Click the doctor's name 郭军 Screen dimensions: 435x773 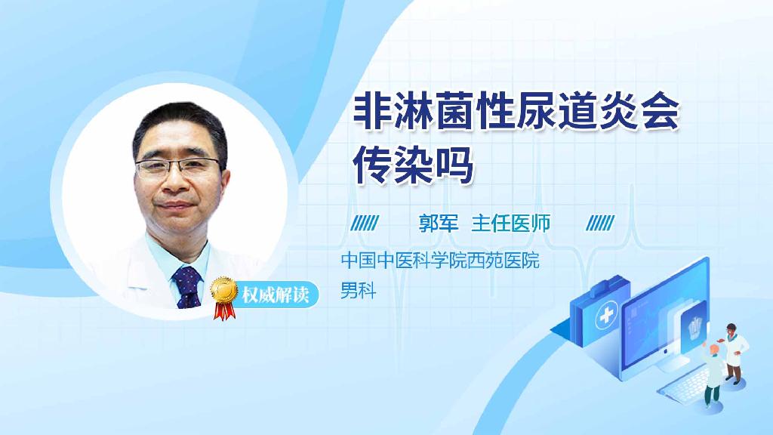[x=439, y=223]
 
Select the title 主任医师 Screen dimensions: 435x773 [x=510, y=223]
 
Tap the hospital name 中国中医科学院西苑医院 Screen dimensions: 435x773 [x=440, y=261]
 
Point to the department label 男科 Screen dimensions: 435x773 [x=358, y=289]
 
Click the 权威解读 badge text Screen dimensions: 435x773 [x=276, y=295]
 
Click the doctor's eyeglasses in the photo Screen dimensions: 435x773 [x=180, y=166]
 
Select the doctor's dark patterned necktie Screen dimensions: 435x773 [x=187, y=287]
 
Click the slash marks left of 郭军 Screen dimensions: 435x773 [x=365, y=223]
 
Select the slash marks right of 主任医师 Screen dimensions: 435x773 [x=600, y=223]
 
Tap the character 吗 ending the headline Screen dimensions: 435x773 [x=454, y=165]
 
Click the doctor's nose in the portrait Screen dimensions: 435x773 [x=180, y=181]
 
